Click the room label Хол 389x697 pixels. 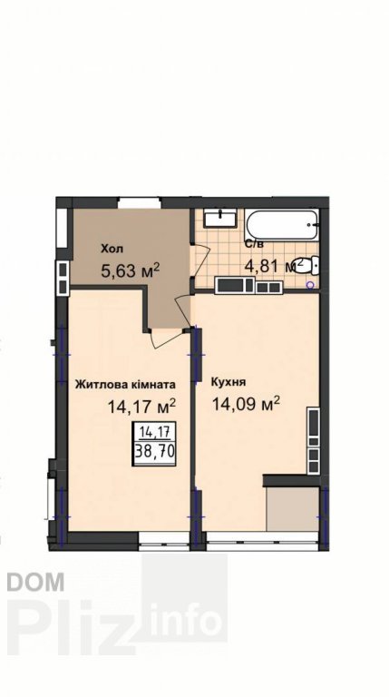[112, 249]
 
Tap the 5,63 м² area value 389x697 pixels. [130, 270]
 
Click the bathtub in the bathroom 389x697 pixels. [281, 225]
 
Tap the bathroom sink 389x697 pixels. [220, 218]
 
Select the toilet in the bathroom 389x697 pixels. [312, 265]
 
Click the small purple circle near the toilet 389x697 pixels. [310, 284]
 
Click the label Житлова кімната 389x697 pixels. [125, 385]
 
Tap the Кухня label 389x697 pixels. [229, 382]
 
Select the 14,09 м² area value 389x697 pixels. [246, 404]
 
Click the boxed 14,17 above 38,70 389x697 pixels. [154, 432]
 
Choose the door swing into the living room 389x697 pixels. [166, 339]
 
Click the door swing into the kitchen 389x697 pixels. [185, 310]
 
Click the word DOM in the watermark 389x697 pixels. [36, 583]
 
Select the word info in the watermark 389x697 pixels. [186, 620]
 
